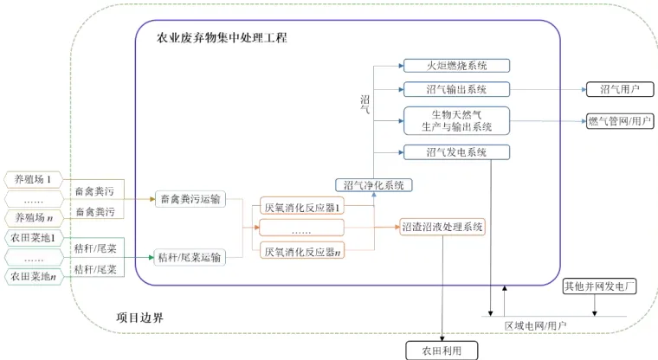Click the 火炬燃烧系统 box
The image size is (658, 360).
[x=456, y=65]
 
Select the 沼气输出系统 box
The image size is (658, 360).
[x=456, y=89]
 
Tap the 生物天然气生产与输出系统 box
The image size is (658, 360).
[x=456, y=120]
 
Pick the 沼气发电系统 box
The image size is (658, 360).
[x=456, y=153]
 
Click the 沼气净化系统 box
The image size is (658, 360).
[x=374, y=184]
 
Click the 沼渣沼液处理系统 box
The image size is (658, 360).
[x=442, y=228]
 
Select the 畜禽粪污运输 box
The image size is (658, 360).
[x=190, y=200]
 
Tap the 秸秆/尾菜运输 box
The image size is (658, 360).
[x=190, y=257]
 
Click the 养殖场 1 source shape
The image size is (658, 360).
[x=34, y=180]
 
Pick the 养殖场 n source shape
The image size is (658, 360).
[x=34, y=217]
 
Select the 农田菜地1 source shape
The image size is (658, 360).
[x=35, y=237]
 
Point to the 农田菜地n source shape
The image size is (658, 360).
[x=35, y=276]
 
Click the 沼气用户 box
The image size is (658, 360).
[x=618, y=89]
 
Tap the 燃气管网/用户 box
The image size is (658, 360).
[x=619, y=120]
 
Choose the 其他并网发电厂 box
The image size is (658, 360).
[x=600, y=286]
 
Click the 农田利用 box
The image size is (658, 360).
[x=442, y=350]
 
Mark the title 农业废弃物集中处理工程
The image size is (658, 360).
[x=221, y=38]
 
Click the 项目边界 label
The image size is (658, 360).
[x=139, y=318]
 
